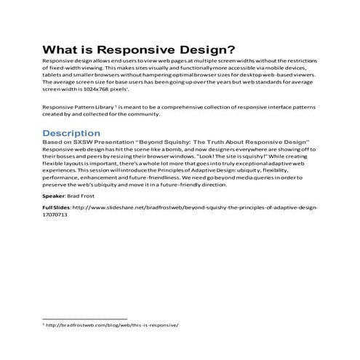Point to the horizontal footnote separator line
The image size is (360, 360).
point(85,319)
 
